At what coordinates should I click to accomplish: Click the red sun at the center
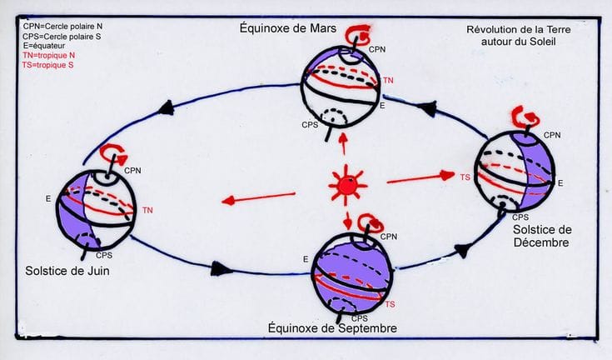click(347, 186)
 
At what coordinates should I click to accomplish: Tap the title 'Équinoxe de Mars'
click(287, 28)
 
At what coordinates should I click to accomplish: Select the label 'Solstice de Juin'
click(67, 271)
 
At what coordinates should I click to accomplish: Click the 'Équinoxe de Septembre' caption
click(332, 328)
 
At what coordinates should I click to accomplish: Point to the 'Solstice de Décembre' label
click(542, 236)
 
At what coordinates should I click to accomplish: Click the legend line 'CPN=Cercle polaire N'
click(62, 27)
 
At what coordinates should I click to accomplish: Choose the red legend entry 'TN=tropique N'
click(49, 56)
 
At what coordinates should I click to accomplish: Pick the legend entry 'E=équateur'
click(44, 46)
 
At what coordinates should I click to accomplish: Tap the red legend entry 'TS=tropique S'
click(48, 65)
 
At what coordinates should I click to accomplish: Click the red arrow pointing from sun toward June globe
click(258, 197)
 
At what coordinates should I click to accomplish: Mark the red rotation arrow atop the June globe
click(113, 153)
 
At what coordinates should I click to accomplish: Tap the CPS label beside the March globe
click(310, 125)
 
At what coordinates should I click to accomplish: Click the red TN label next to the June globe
click(147, 211)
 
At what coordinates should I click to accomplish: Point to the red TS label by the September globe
click(390, 304)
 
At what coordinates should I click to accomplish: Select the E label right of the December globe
click(560, 183)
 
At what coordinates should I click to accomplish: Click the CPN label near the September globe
click(389, 237)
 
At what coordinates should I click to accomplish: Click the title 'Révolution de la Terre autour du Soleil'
click(518, 36)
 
